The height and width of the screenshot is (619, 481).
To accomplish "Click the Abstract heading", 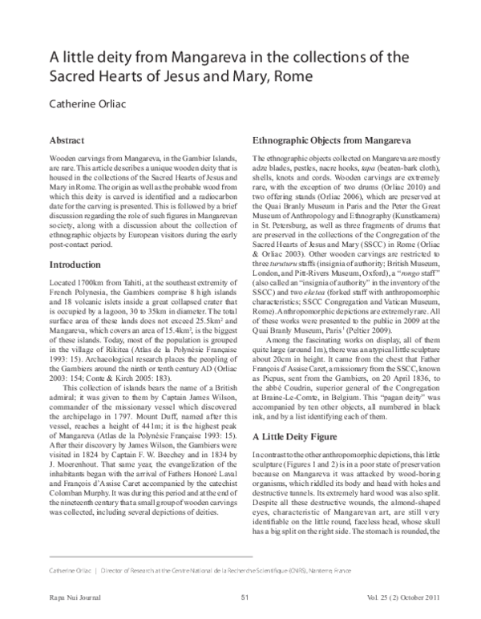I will pos(68,139).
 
